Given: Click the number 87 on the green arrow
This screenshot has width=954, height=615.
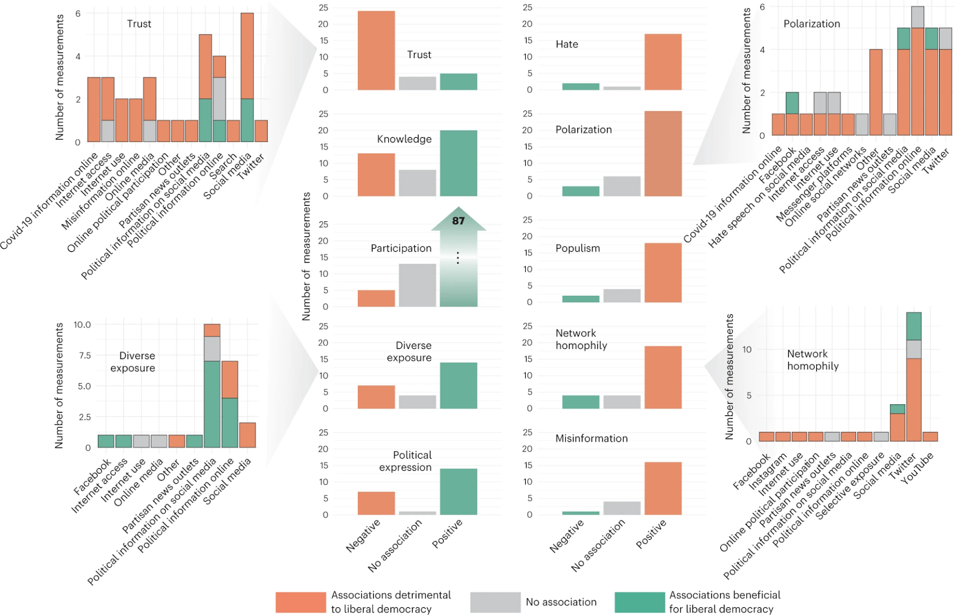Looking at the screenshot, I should click(x=458, y=221).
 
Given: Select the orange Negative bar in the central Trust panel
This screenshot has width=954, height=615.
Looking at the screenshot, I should click(x=376, y=51).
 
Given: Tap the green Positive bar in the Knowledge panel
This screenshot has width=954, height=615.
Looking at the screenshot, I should click(x=459, y=163).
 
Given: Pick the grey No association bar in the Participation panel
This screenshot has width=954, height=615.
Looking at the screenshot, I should click(x=417, y=285).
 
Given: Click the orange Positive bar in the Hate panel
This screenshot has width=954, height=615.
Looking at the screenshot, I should click(x=663, y=62).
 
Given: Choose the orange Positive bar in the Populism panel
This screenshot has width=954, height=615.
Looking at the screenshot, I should click(x=663, y=273).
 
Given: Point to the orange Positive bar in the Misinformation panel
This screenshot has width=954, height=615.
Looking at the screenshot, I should click(x=663, y=489).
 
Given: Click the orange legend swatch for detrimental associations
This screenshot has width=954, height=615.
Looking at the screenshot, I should click(x=301, y=602).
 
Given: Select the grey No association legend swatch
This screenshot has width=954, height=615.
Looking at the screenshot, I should click(x=495, y=602).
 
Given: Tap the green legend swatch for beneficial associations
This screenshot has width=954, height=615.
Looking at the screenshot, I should click(x=640, y=602).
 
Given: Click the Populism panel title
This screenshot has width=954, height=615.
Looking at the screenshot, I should click(x=578, y=248).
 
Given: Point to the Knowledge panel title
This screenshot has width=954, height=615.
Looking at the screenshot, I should click(x=404, y=139).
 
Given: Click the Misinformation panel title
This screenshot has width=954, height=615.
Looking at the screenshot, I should click(x=591, y=438).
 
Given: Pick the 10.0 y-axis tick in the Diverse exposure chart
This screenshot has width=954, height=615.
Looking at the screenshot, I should click(x=82, y=325).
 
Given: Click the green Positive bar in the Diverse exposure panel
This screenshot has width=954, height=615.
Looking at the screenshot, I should click(x=459, y=385).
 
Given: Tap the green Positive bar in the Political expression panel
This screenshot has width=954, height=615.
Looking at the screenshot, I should click(x=459, y=492).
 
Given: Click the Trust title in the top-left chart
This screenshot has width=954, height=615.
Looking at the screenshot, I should click(x=139, y=24).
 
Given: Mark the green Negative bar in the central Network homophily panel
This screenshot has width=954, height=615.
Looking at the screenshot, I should click(x=581, y=402).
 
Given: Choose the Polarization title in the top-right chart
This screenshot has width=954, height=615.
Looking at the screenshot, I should click(x=811, y=24).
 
